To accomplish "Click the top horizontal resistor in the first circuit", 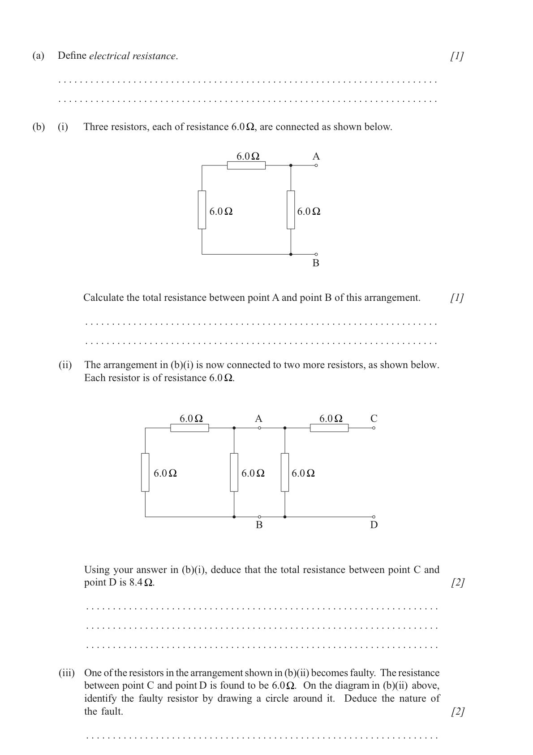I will (246, 165).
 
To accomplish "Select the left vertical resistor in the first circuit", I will (202, 209).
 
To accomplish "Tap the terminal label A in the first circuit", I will (316, 156).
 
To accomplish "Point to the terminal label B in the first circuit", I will (316, 263).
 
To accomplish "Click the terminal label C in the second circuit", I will (374, 419).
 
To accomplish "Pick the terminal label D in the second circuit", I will (374, 525).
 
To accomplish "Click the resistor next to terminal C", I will (329, 428).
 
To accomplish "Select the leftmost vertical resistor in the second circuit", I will (145, 472).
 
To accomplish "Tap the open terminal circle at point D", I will (374, 516).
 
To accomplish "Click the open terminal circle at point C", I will (374, 428).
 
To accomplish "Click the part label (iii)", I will (67, 673).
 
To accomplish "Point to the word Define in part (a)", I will (72, 56).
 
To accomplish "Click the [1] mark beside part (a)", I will (457, 56).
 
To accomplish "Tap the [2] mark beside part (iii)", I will (458, 712).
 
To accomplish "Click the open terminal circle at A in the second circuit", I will (259, 428).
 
